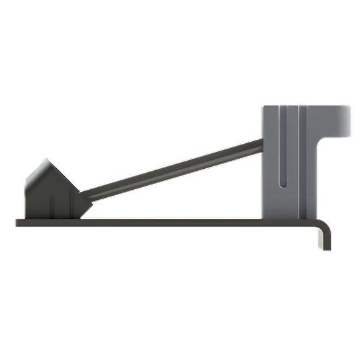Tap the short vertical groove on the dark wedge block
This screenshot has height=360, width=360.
53,207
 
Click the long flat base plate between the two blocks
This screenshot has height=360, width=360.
169,222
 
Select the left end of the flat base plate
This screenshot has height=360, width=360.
17,222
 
